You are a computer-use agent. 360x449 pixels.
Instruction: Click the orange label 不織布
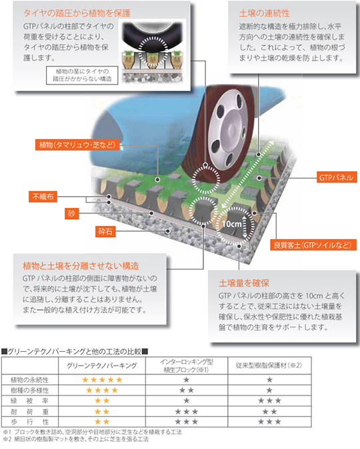(x=43, y=197)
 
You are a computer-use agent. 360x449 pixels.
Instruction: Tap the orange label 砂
(x=71, y=213)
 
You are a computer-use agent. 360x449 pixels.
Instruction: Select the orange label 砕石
(x=105, y=231)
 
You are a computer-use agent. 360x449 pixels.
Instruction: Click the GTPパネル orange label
(x=337, y=177)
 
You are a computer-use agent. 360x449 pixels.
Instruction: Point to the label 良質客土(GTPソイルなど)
(x=313, y=245)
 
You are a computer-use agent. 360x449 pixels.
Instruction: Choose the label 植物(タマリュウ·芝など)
(x=77, y=145)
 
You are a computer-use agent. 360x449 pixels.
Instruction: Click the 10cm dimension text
(x=232, y=224)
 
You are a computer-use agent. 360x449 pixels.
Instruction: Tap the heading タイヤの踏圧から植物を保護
(x=77, y=13)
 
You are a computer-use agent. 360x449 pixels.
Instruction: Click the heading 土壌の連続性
(x=264, y=13)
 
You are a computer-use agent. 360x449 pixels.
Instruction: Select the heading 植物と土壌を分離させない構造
(x=81, y=266)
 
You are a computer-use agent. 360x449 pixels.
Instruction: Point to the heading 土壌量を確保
(x=244, y=283)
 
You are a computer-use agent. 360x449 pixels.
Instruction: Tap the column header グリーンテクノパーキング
(x=102, y=365)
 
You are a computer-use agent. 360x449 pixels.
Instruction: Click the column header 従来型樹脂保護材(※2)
(x=269, y=365)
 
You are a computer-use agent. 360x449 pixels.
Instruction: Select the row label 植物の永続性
(x=29, y=380)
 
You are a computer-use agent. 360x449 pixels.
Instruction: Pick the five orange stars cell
(x=102, y=380)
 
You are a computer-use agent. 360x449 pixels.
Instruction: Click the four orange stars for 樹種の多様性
(x=102, y=390)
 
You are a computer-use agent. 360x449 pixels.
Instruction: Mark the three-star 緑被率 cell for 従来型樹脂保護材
(x=269, y=400)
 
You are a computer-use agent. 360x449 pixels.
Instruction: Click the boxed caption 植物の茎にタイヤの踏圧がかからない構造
(x=82, y=75)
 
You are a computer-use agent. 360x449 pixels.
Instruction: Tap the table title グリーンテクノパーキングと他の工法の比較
(x=75, y=351)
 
